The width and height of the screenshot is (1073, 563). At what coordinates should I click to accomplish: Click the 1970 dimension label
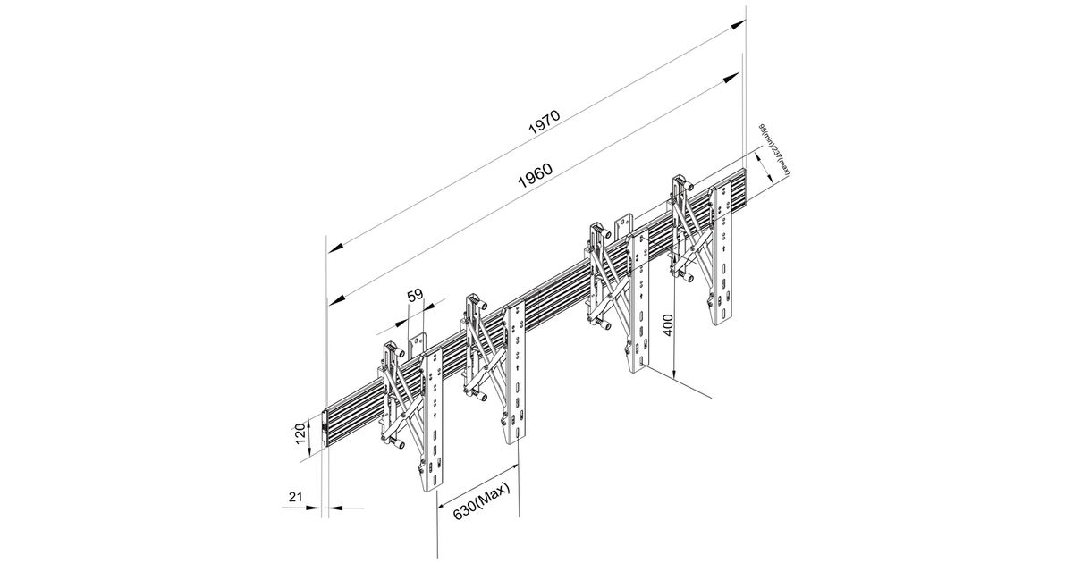(x=543, y=122)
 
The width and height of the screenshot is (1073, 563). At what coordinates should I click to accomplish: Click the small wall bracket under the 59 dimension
(x=417, y=343)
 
